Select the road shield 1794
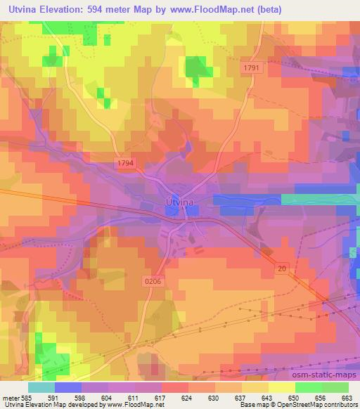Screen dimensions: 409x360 coord(127,164)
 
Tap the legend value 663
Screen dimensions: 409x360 coord(348,398)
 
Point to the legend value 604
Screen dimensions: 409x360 coord(108,398)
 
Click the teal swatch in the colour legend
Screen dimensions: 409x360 coord(41,387)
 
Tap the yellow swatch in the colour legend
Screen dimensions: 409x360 coord(282,387)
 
